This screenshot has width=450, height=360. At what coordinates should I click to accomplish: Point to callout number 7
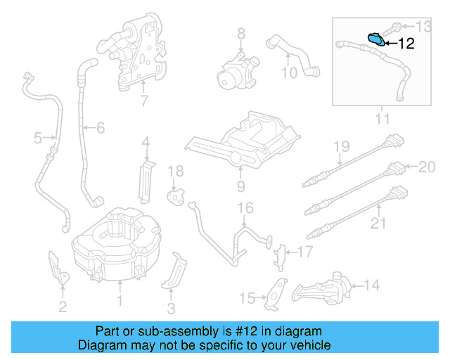tap(143, 101)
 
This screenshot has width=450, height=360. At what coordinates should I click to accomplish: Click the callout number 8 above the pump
tap(240, 33)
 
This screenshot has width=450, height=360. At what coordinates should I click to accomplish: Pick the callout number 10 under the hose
tap(290, 72)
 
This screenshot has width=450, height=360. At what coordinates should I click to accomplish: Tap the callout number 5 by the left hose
tap(38, 139)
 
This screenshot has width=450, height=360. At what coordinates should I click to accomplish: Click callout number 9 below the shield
tap(240, 186)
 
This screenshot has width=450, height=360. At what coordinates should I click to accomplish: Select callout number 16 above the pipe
tap(244, 207)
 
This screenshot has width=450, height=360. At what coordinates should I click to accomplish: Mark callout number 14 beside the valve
tap(371, 285)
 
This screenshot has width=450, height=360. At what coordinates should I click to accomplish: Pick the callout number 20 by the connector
tap(427, 167)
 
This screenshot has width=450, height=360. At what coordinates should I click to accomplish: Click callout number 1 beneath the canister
tap(120, 301)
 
